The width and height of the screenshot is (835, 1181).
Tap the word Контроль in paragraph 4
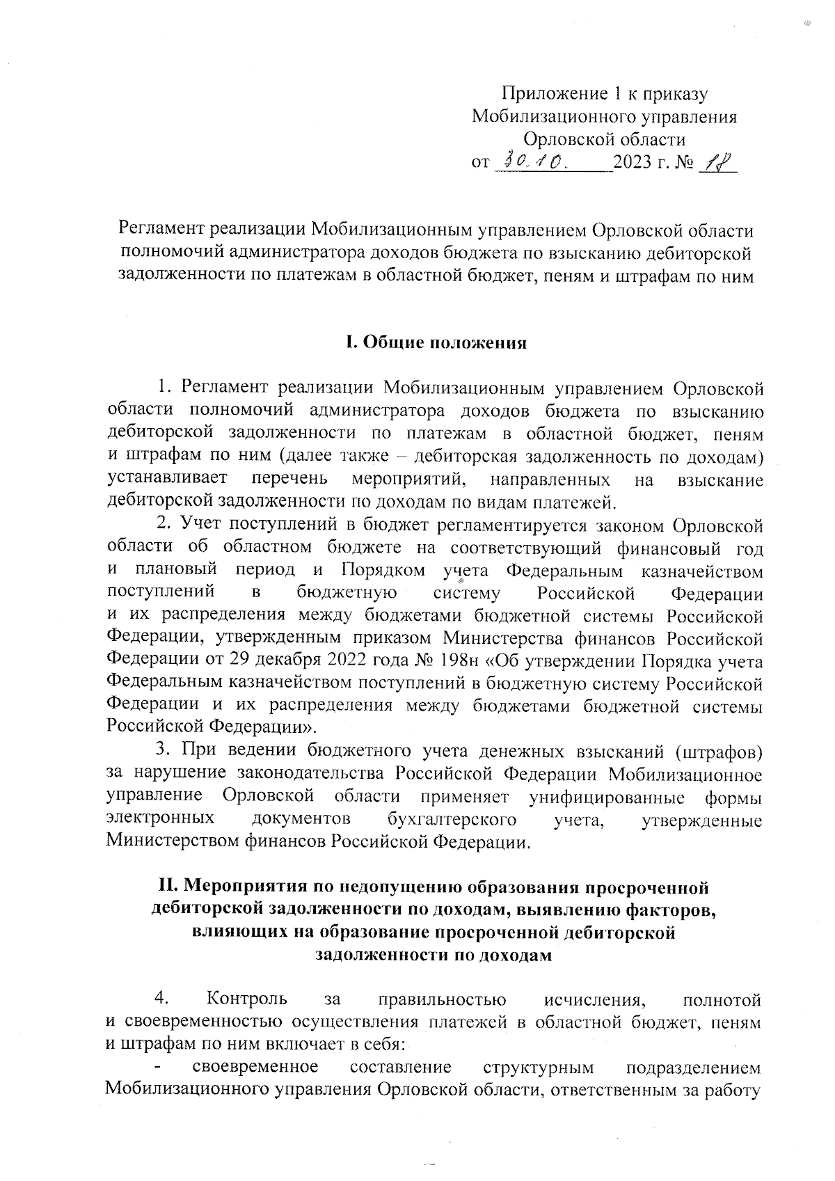click(x=247, y=1000)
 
